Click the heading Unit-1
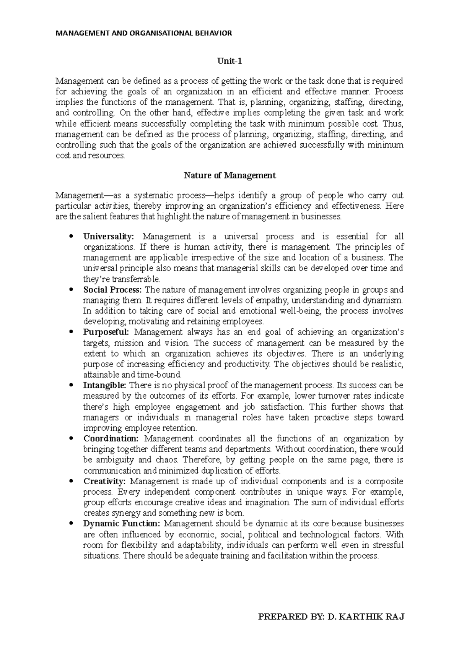pyautogui.click(x=229, y=61)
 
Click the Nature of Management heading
pyautogui.click(x=229, y=176)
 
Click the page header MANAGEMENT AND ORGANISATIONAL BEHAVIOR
pyautogui.click(x=144, y=33)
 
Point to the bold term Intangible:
pyautogui.click(x=104, y=385)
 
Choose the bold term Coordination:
pyautogui.click(x=111, y=438)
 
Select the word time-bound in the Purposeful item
pyautogui.click(x=165, y=375)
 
